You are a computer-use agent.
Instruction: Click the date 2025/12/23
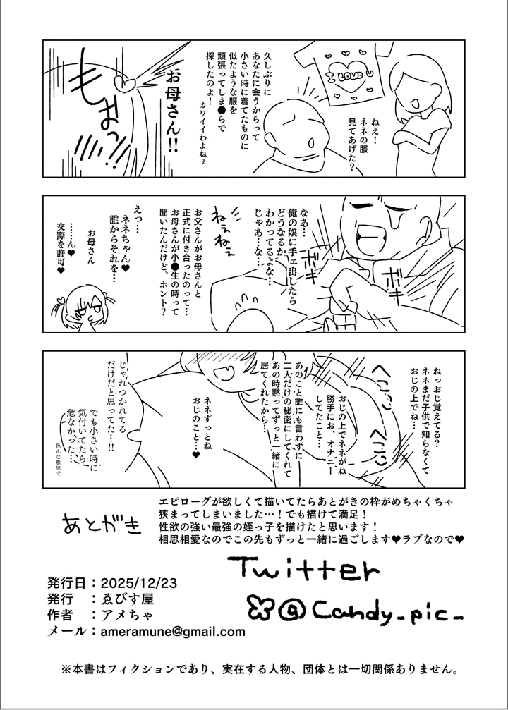pos(138,583)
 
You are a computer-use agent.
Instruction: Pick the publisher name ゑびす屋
pos(126,599)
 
